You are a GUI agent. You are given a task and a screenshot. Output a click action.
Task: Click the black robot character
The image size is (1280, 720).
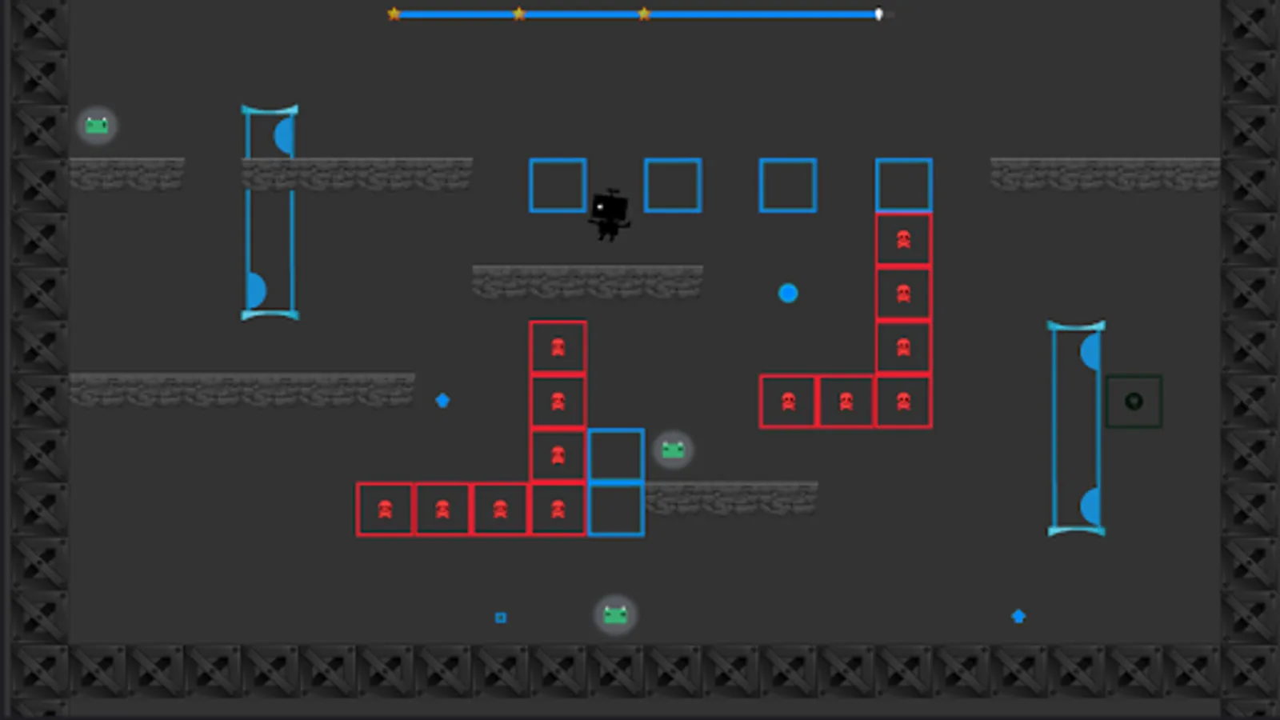[x=610, y=214]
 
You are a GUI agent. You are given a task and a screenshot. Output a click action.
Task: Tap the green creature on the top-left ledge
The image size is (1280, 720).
[x=97, y=126]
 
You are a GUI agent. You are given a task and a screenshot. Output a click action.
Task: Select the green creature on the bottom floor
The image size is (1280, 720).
[x=615, y=614]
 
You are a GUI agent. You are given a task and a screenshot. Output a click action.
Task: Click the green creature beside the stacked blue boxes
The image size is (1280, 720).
[x=673, y=450]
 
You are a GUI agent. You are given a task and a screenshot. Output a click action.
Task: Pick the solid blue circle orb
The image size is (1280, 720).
[x=788, y=294]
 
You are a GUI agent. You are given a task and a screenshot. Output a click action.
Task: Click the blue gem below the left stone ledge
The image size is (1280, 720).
[x=442, y=400]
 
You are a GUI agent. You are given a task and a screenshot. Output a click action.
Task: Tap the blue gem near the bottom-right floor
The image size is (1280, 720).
[x=1018, y=616]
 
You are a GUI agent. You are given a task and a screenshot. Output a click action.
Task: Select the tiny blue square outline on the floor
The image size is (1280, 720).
[x=501, y=618]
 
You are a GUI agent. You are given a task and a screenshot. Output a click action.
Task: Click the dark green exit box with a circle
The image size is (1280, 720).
[x=1134, y=402]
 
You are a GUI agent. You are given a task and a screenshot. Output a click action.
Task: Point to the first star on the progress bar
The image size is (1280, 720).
[x=394, y=14]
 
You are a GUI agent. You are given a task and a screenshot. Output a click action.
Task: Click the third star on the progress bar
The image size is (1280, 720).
[x=644, y=14]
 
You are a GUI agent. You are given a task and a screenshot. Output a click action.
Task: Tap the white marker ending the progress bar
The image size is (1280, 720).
[x=878, y=14]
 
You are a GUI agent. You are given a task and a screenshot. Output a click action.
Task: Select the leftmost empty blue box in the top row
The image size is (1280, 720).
[x=558, y=186]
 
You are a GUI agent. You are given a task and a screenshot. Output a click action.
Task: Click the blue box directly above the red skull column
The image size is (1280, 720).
[x=903, y=186]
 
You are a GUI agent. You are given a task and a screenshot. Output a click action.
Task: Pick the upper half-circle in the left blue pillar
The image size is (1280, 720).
[x=285, y=136]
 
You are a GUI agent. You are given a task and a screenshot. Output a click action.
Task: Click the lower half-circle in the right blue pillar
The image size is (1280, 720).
[x=1090, y=506]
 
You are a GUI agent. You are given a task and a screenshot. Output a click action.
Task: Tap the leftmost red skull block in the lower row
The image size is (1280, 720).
[x=385, y=509]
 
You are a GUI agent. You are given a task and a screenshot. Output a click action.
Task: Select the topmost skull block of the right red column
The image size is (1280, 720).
[x=903, y=239]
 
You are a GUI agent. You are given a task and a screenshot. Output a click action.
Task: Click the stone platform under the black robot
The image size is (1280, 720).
[x=587, y=282]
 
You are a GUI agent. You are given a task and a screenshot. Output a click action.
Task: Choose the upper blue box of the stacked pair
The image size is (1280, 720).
[x=616, y=454]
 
